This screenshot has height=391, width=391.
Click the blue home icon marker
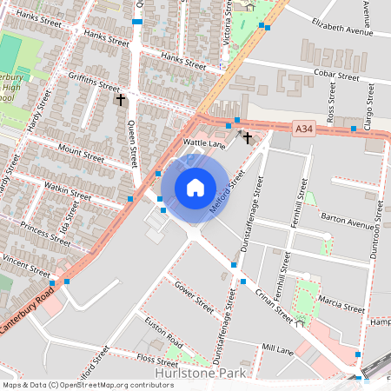click(x=195, y=188)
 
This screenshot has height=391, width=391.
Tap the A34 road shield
click(x=303, y=129)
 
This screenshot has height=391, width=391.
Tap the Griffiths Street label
click(x=94, y=83)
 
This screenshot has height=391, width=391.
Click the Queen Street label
click(x=133, y=143)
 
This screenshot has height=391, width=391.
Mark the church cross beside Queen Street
click(x=121, y=100)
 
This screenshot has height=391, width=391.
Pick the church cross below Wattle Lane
click(x=248, y=136)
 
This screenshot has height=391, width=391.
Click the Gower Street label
click(x=194, y=296)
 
